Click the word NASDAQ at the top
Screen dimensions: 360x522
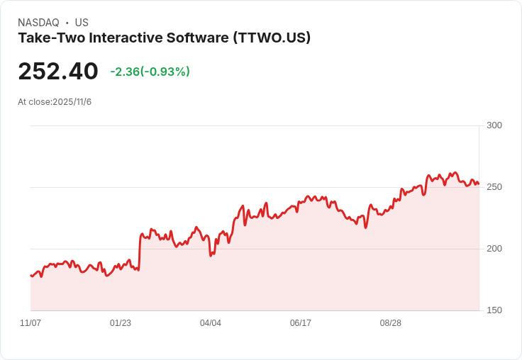(x=38, y=23)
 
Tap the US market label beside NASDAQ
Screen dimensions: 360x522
(x=82, y=23)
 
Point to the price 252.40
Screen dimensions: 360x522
(x=58, y=72)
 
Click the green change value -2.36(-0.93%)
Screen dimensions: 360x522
(x=150, y=72)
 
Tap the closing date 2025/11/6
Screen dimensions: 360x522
(x=72, y=102)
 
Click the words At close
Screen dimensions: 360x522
(x=34, y=102)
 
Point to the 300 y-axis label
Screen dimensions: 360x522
(x=494, y=126)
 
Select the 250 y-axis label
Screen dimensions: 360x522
(x=494, y=187)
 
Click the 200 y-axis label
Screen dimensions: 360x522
(x=494, y=249)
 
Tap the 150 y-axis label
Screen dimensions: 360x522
(x=494, y=310)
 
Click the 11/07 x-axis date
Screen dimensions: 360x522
(x=30, y=323)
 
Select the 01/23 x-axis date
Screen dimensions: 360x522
(x=121, y=323)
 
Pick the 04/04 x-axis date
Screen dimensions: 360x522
(x=211, y=323)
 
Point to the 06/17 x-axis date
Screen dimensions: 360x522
(x=301, y=323)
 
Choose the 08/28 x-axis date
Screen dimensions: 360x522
(x=391, y=323)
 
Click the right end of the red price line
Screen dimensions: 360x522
(x=479, y=184)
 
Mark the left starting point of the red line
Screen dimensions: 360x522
(x=30, y=275)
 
